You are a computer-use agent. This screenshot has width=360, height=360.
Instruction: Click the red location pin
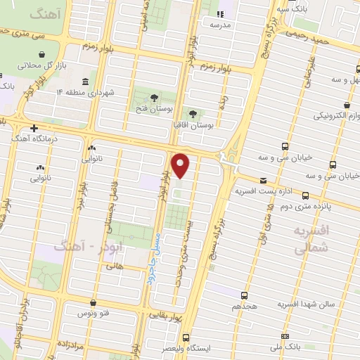click(x=181, y=166)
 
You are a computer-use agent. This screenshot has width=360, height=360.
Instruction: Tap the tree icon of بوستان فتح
click(x=154, y=97)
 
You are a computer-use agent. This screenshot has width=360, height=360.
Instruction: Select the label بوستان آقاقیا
click(x=193, y=124)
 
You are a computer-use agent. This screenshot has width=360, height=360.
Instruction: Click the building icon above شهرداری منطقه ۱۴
click(x=85, y=81)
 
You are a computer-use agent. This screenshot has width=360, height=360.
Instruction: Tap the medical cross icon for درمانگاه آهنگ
click(x=34, y=128)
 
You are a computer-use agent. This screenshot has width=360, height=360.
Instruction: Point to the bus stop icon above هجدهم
click(x=244, y=295)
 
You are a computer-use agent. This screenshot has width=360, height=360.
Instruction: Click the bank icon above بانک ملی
click(x=285, y=336)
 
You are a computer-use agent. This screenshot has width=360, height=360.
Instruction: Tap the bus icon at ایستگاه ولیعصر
click(x=186, y=337)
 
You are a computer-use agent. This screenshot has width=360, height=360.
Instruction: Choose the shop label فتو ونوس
click(x=91, y=312)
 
